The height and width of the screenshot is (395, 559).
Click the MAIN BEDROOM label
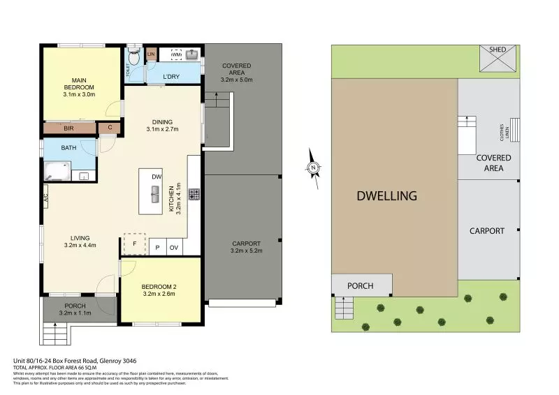coord(78,83)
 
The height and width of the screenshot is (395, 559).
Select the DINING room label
coord(159,122)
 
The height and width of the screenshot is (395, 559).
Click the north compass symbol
coord(314,167)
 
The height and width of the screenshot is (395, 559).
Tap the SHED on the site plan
coord(498,50)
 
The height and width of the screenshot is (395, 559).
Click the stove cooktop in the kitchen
coord(194,194)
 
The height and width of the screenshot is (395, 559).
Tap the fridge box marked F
coord(134,243)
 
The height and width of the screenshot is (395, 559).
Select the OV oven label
coord(174,248)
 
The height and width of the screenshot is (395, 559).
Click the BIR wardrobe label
coord(69,128)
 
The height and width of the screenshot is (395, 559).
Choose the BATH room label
coord(68,148)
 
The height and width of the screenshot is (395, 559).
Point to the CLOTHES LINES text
coord(501,130)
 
